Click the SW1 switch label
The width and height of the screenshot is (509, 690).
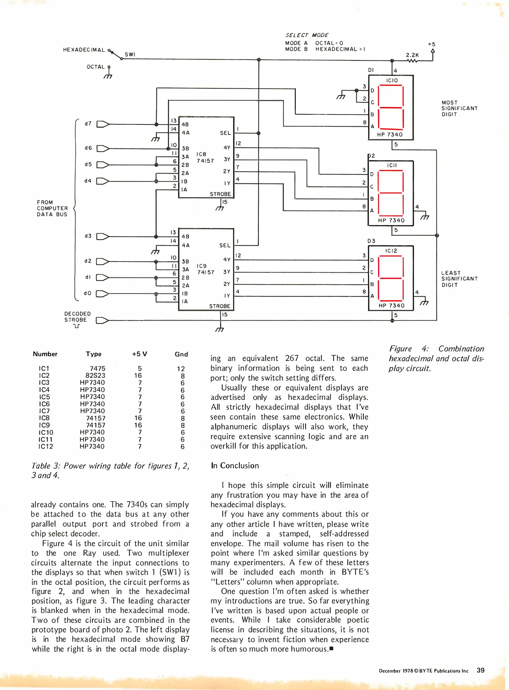tap(130, 54)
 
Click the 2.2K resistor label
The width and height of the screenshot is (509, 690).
tap(412, 55)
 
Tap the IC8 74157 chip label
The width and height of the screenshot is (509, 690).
tap(205, 157)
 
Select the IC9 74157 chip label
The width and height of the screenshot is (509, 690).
tap(205, 269)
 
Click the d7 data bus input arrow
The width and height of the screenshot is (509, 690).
tap(103, 124)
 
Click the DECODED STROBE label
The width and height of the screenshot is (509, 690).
tap(77, 317)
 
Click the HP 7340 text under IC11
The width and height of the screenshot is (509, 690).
tap(391, 220)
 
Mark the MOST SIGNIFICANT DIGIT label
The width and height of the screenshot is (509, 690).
tap(459, 108)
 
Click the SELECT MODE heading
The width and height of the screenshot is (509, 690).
tap(307, 35)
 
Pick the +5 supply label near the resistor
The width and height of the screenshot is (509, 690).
tap(431, 44)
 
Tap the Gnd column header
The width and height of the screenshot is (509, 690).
tap(181, 354)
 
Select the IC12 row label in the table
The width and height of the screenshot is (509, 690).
tap(46, 446)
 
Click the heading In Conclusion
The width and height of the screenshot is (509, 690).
tap(235, 465)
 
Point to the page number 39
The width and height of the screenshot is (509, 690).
tap(480, 670)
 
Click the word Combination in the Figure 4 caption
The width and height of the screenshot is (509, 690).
tap(461, 349)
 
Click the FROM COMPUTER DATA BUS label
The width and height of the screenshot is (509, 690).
tap(52, 208)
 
